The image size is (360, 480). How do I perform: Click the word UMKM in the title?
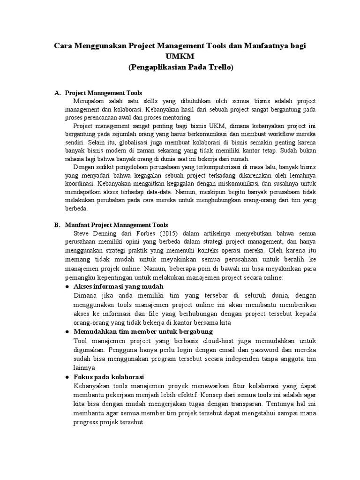[180, 57]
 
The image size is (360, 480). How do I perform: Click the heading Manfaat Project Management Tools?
[116, 225]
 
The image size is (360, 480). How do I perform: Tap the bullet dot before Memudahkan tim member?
[67, 331]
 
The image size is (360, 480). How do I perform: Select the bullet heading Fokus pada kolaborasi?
[109, 377]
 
